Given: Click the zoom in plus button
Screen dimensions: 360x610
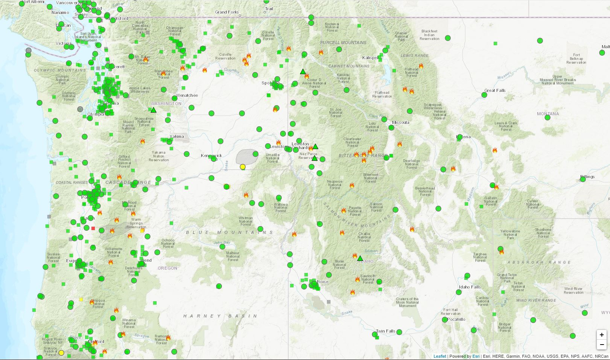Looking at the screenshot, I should click(602, 335).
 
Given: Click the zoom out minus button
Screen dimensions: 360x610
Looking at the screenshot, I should click(602, 344).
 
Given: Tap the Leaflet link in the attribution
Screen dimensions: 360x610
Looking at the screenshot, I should click(440, 356).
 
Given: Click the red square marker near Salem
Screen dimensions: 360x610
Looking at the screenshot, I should click(93, 228).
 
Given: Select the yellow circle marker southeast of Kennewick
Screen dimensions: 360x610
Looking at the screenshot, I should click(243, 167).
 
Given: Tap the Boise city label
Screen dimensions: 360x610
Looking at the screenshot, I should click(322, 282).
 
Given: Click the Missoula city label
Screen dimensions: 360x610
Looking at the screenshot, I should click(400, 122).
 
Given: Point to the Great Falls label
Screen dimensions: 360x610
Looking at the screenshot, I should click(495, 90).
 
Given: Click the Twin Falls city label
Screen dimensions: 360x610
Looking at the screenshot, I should click(386, 331).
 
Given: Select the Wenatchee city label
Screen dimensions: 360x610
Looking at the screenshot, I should click(187, 95).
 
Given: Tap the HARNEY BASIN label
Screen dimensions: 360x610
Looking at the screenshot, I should click(221, 316).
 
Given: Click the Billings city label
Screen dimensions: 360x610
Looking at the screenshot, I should click(587, 177).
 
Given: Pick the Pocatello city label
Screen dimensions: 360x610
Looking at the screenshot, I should click(456, 319).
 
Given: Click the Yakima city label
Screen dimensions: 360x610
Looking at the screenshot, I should click(176, 136).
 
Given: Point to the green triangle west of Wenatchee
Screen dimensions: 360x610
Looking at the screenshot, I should click(153, 110).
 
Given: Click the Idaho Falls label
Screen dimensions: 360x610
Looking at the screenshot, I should click(470, 287).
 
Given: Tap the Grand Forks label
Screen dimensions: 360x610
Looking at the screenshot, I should click(227, 12).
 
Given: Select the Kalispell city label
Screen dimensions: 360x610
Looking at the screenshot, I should click(371, 58).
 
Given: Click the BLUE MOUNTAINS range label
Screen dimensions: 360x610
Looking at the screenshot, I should click(230, 232).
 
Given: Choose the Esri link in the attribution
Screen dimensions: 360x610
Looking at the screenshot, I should click(476, 356).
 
